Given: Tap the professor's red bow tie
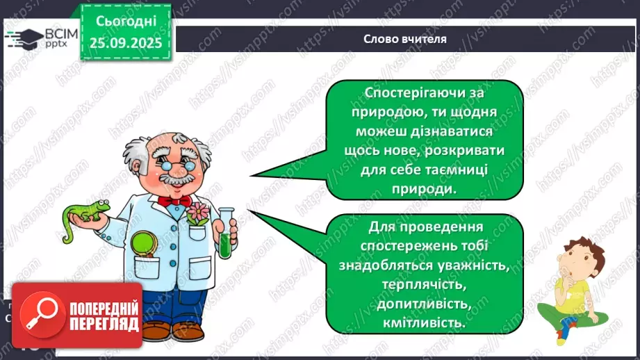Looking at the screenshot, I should pos(174,201).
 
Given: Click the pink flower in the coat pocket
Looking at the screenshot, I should pos(197,213).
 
